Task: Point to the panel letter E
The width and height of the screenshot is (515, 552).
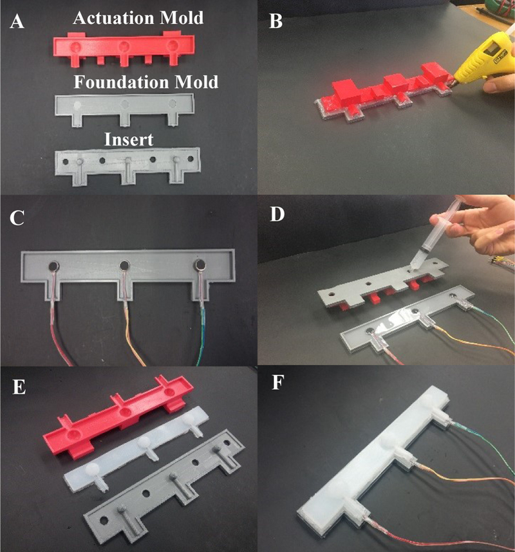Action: click(18, 389)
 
